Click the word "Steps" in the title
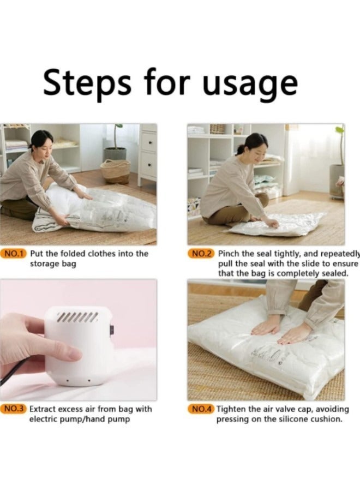pos(87,83)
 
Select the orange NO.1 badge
pos(15,254)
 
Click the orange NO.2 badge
pos(202,254)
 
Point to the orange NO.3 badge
pos(15,409)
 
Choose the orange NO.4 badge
pos(202,409)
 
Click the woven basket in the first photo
pos(116,171)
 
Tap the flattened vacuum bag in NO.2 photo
pos(278,224)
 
